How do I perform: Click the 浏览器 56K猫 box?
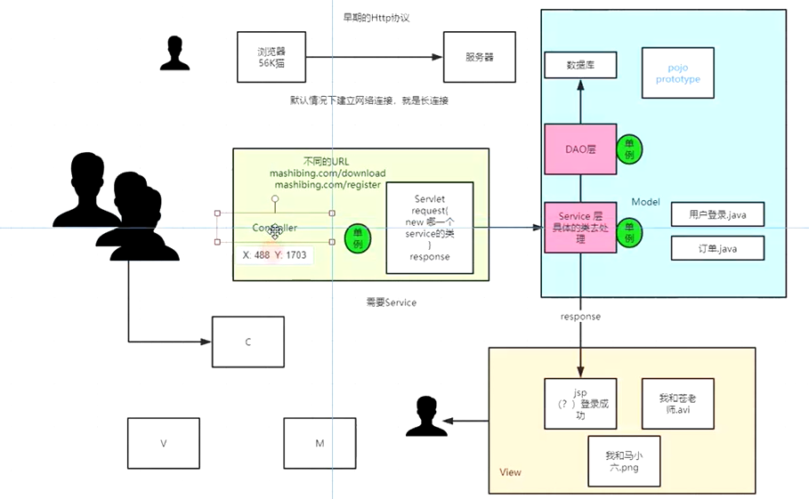click(270, 57)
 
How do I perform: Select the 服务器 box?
click(479, 57)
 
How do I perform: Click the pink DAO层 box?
click(580, 149)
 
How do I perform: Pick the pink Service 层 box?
click(580, 228)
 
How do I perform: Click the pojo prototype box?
click(678, 74)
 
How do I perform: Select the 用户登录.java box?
click(717, 214)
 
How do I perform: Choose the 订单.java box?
click(717, 247)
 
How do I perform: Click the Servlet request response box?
click(430, 228)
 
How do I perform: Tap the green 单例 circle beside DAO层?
click(630, 149)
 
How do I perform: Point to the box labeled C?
click(248, 342)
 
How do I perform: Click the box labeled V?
click(164, 443)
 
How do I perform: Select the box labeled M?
click(320, 443)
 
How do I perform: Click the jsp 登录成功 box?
click(580, 404)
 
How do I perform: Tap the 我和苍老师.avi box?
click(678, 404)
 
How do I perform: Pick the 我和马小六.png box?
click(625, 461)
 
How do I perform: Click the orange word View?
click(511, 472)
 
